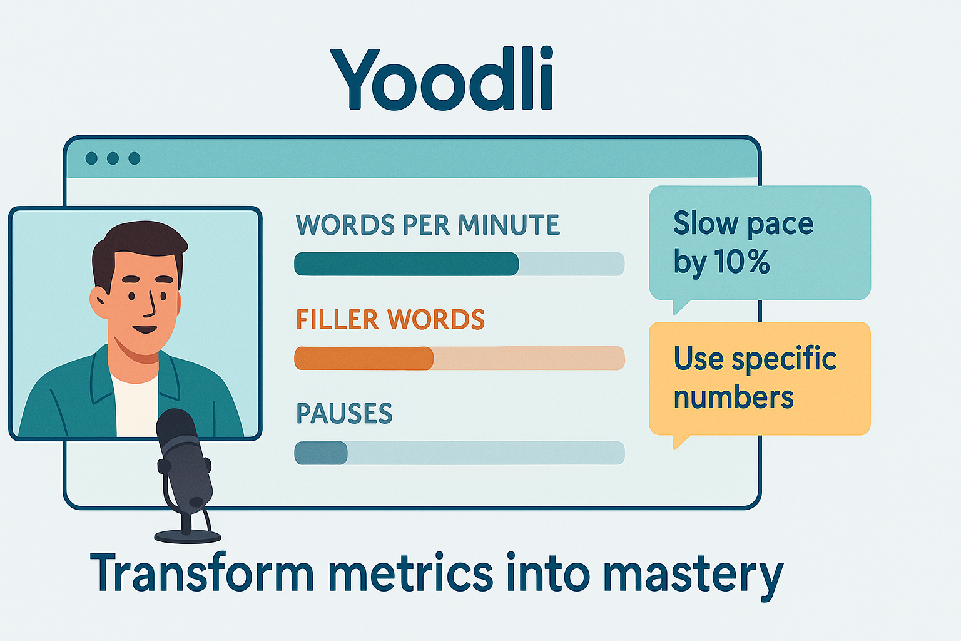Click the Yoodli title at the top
pos(442,78)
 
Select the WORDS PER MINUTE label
pos(428,225)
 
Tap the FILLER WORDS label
pos(390,319)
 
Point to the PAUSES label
pos(344,413)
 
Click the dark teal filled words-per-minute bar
pos(406,264)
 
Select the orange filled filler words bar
pos(364,358)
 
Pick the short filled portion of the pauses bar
pos(321,453)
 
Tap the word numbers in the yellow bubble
pos(734,397)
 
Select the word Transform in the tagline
pos(201,573)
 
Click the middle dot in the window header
pos(113,158)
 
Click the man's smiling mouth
pos(145,330)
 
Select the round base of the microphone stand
pos(188,536)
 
